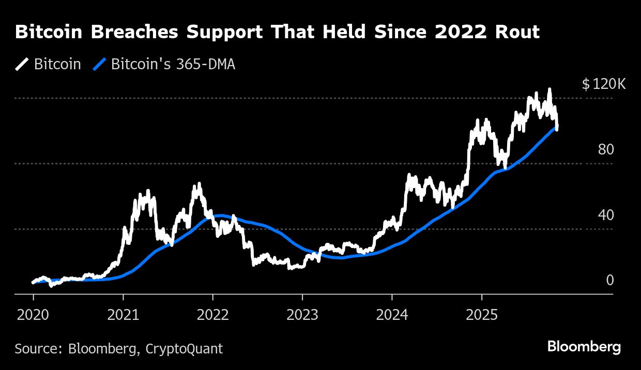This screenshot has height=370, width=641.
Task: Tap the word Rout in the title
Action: point(519,32)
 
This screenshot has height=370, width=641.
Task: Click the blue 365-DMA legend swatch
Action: point(99,65)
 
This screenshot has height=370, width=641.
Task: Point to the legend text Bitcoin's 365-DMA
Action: point(173,65)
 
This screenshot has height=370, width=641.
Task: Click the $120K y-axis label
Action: point(603,84)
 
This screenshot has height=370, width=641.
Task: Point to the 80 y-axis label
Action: point(605,150)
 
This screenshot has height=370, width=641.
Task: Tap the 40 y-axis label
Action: point(605,215)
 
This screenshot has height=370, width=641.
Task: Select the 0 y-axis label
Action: point(609,281)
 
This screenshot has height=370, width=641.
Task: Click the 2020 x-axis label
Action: point(33,315)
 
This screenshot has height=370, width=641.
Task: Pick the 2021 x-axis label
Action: point(123,315)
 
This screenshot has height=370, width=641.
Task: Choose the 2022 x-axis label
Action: point(212,315)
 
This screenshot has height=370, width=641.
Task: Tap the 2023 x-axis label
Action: point(302,315)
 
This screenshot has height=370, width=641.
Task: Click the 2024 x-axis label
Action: point(392,315)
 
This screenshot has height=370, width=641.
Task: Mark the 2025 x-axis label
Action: point(482,315)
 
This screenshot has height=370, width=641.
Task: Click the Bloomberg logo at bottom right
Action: point(584,347)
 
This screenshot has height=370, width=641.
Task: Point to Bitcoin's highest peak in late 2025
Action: point(550,89)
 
